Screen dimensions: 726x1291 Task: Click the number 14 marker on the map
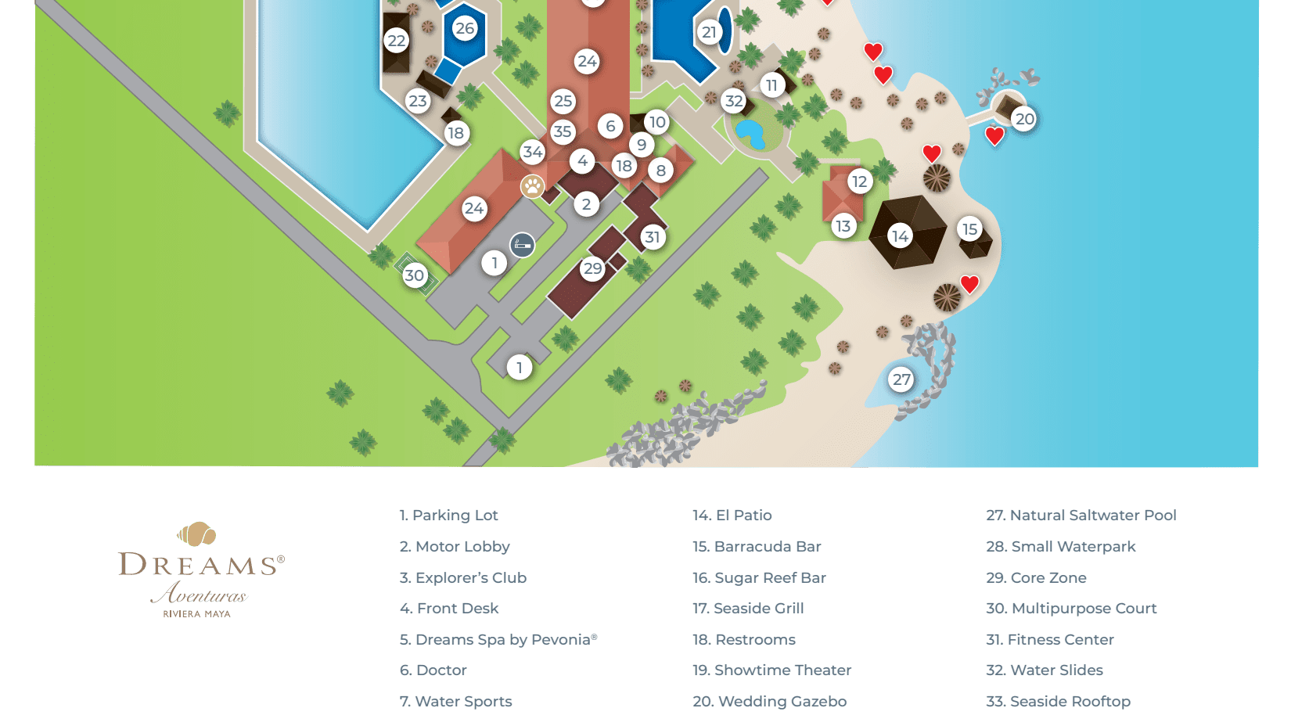point(900,235)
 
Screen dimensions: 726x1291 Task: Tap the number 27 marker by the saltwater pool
point(901,379)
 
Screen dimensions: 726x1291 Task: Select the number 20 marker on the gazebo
point(1024,119)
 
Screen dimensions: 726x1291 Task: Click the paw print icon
point(533,186)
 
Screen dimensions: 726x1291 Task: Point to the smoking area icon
point(522,245)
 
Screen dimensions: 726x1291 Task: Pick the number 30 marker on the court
point(414,275)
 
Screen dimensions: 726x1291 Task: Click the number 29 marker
point(592,268)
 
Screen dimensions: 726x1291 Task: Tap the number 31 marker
point(653,237)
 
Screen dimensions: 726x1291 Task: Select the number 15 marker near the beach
point(969,228)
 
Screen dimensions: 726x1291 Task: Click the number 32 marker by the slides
point(733,100)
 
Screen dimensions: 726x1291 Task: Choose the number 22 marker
point(397,41)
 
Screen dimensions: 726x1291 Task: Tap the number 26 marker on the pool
point(465,28)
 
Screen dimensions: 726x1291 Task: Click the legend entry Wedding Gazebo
point(769,702)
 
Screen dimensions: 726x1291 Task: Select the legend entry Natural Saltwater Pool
point(1081,515)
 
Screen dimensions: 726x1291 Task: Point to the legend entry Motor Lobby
point(454,546)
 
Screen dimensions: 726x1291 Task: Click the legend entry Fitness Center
point(1049,639)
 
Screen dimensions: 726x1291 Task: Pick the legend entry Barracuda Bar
point(757,546)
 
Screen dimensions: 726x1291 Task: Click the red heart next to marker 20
point(994,136)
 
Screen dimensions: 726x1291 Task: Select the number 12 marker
point(859,181)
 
